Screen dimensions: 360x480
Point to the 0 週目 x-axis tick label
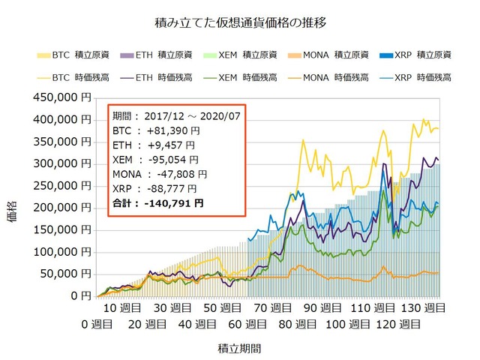tap(97, 324)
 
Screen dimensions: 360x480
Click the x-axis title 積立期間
tap(240, 349)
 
